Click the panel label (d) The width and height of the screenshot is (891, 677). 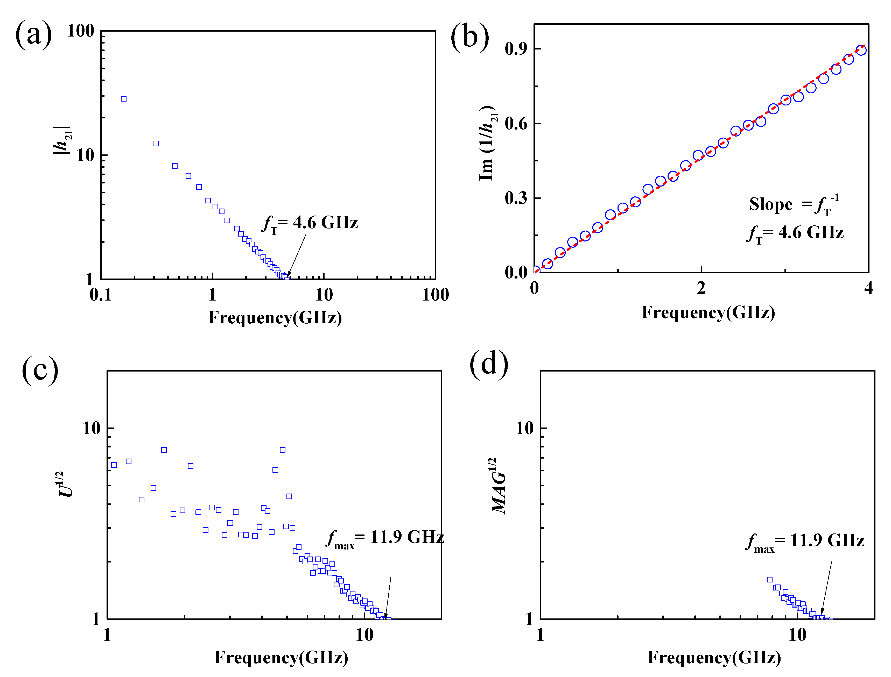point(489,364)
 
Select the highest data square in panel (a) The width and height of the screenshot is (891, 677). point(124,99)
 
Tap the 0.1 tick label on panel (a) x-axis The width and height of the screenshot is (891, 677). point(100,295)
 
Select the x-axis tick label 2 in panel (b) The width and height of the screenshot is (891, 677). point(701,288)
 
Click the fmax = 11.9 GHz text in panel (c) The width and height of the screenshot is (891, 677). point(385,538)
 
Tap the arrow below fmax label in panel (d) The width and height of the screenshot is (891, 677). point(826,589)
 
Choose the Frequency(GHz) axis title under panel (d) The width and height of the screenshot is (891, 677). point(714,658)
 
